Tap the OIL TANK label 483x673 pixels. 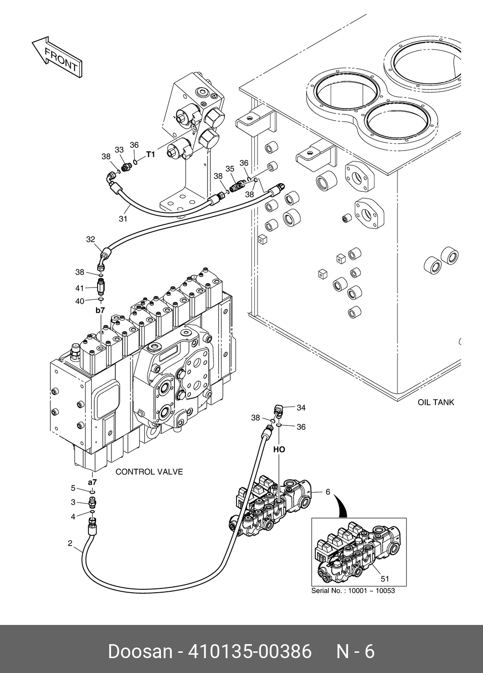[x=435, y=402]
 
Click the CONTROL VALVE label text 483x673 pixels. [x=149, y=472]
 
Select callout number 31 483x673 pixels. [x=123, y=219]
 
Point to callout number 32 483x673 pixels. [x=90, y=239]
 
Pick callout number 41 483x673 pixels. [x=79, y=288]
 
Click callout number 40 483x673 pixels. [x=79, y=301]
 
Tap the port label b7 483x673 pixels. [x=99, y=311]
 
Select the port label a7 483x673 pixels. [x=92, y=481]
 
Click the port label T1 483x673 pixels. [x=151, y=154]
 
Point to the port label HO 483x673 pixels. [x=279, y=449]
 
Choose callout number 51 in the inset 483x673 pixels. [x=384, y=579]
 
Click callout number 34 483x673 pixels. [x=301, y=408]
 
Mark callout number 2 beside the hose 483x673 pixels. [x=70, y=544]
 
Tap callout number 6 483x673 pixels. [x=328, y=491]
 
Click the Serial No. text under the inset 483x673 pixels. [x=353, y=590]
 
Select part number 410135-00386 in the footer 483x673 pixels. [x=250, y=651]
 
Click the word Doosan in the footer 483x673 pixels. [x=139, y=651]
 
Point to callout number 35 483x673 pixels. [x=230, y=169]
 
